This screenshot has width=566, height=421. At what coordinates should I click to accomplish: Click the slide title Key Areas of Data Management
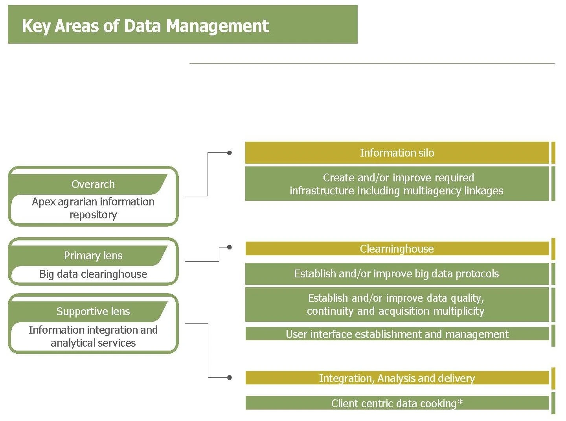[x=145, y=26]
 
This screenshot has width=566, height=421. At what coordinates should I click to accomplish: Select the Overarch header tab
[x=93, y=184]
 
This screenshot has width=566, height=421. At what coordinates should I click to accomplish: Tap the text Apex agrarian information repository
[x=93, y=208]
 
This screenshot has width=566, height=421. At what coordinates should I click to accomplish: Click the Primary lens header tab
[x=93, y=256]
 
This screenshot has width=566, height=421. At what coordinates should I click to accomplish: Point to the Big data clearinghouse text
[x=93, y=274]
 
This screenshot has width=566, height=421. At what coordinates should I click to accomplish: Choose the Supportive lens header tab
[x=93, y=312]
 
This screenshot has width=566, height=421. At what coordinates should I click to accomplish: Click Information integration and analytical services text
[x=93, y=336]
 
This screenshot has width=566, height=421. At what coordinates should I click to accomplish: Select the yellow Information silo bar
[x=397, y=153]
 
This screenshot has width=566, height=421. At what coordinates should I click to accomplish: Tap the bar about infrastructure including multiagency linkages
[x=397, y=184]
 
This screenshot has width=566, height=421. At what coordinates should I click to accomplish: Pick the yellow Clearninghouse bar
[x=397, y=249]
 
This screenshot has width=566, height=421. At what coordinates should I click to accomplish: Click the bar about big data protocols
[x=397, y=274]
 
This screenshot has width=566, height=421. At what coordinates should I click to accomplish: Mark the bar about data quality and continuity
[x=397, y=305]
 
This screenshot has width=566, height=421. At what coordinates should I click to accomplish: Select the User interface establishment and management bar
[x=397, y=334]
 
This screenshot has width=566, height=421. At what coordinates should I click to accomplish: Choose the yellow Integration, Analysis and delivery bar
[x=397, y=378]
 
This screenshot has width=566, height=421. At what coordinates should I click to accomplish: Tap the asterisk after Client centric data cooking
[x=460, y=402]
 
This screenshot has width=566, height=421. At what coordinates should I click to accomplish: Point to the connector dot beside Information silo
[x=230, y=153]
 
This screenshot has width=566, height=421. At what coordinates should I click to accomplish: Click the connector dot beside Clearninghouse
[x=230, y=247]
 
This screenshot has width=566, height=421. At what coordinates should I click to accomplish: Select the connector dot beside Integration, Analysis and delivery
[x=230, y=378]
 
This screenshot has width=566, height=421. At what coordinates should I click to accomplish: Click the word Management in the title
[x=217, y=26]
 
